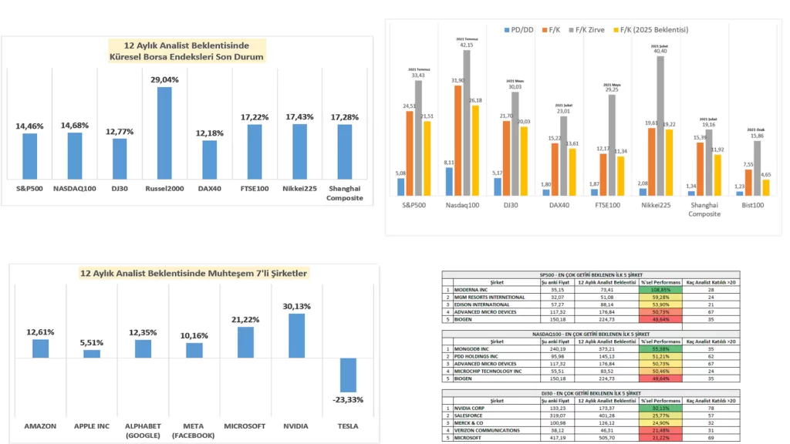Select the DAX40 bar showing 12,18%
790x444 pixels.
[209, 159]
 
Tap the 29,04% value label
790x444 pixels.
[164, 79]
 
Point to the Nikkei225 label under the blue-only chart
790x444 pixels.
[299, 187]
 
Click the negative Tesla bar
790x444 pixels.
[349, 375]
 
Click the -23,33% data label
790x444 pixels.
[349, 400]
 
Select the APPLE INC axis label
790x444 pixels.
[92, 425]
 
